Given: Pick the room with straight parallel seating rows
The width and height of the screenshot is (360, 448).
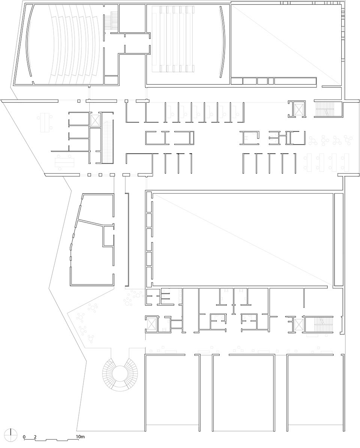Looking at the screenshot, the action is pyautogui.click(x=188, y=44).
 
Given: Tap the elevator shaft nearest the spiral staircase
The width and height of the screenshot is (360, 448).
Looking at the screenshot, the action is pyautogui.click(x=151, y=324).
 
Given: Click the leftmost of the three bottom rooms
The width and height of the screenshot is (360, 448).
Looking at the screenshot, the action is pyautogui.click(x=172, y=391).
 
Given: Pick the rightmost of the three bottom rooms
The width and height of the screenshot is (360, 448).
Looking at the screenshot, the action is pyautogui.click(x=315, y=391).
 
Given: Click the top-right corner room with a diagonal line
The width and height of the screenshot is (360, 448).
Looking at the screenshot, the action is pyautogui.click(x=286, y=41).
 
